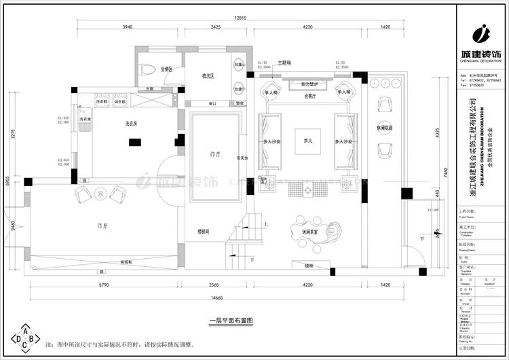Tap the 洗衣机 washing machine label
(102, 101)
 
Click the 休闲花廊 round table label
(384, 127)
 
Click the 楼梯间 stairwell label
(204, 231)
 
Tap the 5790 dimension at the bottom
(105, 286)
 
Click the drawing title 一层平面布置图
(231, 319)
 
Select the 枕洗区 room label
(207, 76)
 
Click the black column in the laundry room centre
(134, 142)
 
